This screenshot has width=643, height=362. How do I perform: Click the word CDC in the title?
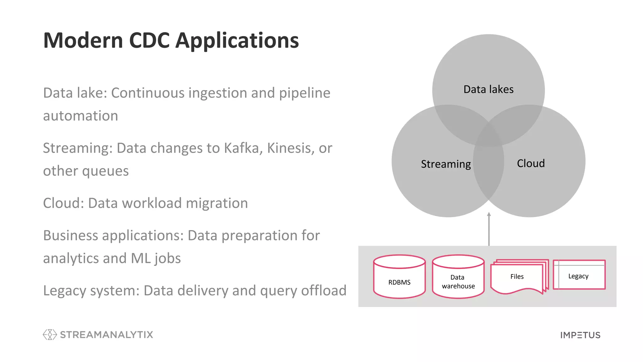[x=149, y=41]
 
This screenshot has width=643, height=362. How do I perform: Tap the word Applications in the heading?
[x=237, y=41]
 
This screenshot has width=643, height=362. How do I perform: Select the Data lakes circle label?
[x=488, y=90]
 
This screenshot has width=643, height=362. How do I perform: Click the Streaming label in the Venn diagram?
[x=446, y=164]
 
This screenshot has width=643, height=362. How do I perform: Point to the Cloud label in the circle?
[x=531, y=163]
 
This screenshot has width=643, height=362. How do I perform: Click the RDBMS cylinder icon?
[x=399, y=277]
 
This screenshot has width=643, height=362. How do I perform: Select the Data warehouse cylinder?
[x=458, y=277]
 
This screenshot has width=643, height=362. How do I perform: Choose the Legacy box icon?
[x=579, y=275]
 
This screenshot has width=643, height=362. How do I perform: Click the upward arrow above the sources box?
[x=489, y=229]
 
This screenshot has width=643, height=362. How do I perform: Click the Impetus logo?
[x=580, y=335]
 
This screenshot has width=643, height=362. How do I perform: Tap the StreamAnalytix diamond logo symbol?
[x=50, y=335]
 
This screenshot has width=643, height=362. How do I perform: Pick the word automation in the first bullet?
[x=80, y=116]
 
